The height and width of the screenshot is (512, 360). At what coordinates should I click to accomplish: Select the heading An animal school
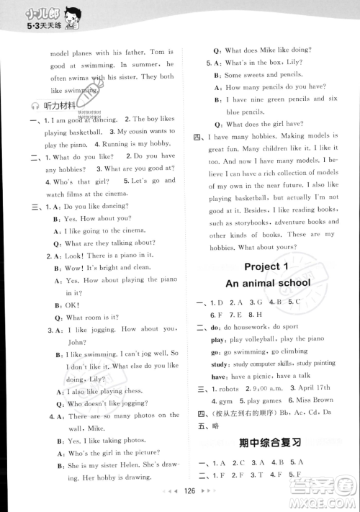click(269, 283)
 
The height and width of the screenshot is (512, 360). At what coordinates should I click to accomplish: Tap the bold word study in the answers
click(219, 363)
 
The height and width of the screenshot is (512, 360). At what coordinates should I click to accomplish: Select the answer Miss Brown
click(314, 400)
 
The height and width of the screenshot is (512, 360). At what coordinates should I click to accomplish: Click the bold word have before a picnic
click(218, 376)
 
